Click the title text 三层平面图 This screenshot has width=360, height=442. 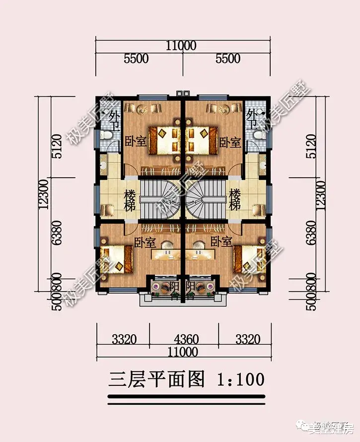[x=156, y=379]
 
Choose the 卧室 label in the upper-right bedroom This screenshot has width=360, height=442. [x=230, y=143]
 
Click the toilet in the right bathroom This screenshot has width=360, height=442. [x=257, y=135]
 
